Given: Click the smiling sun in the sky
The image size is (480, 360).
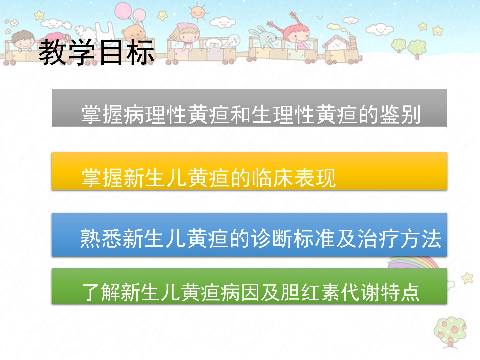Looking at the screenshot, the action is coord(198,12).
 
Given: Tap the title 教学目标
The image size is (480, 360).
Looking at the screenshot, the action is coord(97,52).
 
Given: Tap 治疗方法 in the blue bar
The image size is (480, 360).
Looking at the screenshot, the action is coord(400,238).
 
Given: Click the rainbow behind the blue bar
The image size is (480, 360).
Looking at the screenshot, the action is coord(413,262).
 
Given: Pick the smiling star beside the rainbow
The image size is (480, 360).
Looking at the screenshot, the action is coord(467,278).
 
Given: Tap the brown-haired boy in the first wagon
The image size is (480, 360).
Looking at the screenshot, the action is coord(23,41).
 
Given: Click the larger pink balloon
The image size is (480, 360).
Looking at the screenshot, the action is coord(123,10).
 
